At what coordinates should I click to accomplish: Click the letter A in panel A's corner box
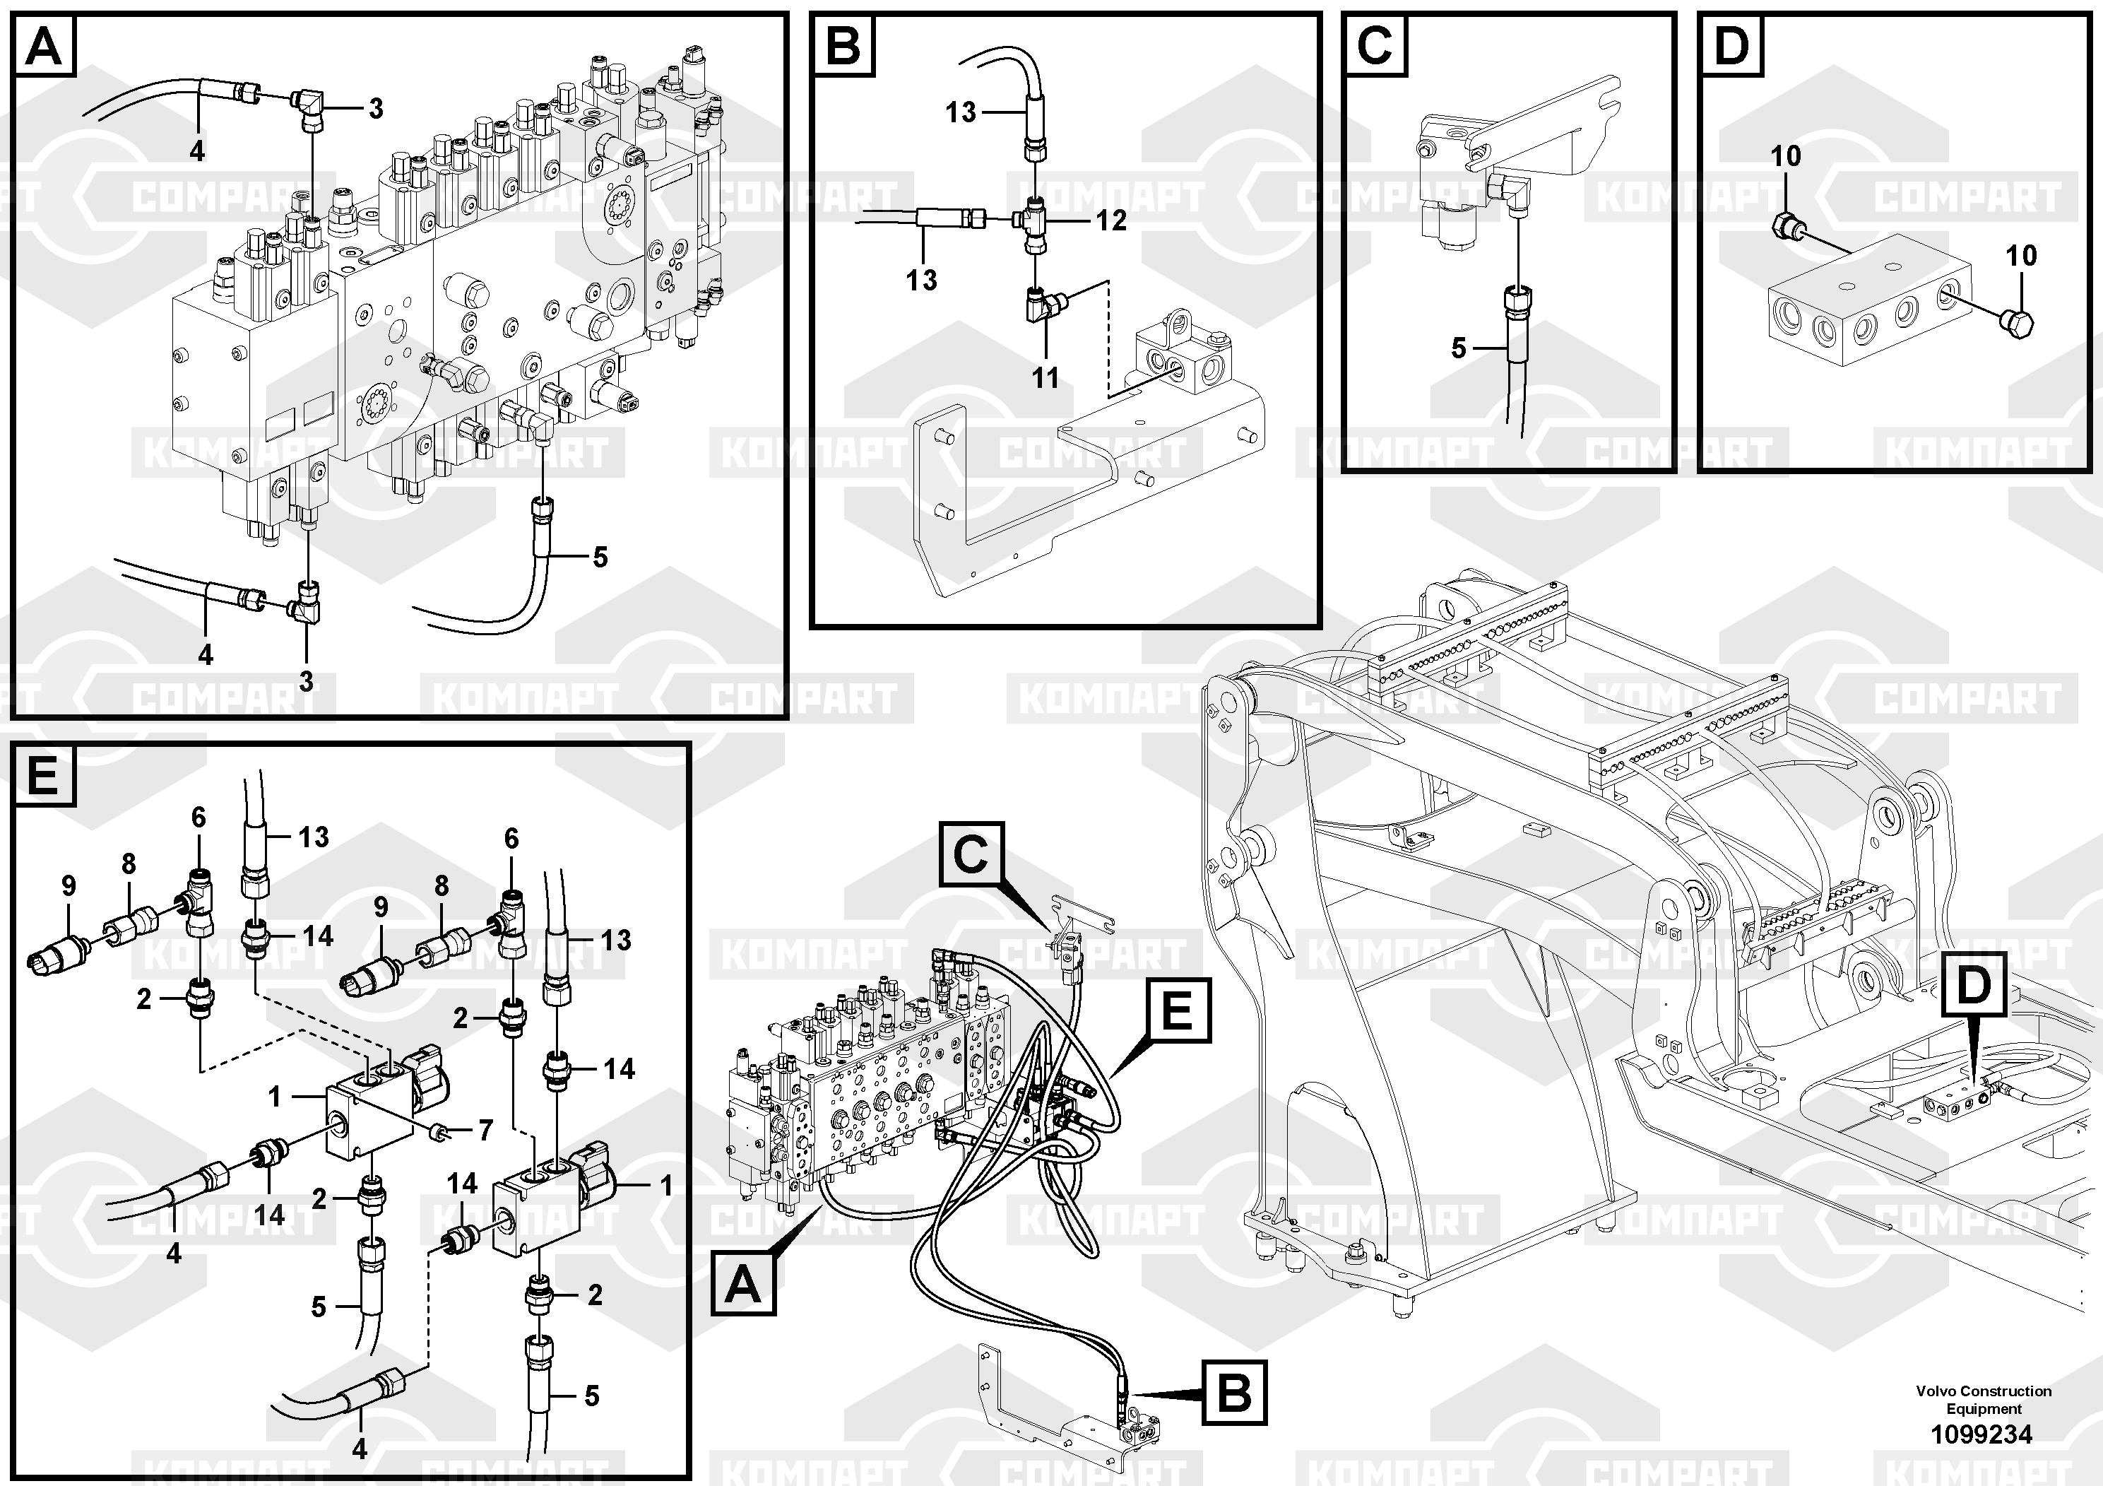click(x=44, y=46)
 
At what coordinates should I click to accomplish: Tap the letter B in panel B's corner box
click(x=843, y=46)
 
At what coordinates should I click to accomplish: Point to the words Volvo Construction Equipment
click(x=1983, y=1400)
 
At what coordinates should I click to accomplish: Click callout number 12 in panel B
click(x=1111, y=220)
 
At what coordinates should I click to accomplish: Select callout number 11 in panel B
click(x=1045, y=377)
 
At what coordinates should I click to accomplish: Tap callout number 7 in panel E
click(x=485, y=1131)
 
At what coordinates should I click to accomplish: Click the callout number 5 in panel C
click(x=1459, y=348)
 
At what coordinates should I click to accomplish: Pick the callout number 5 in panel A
click(x=600, y=556)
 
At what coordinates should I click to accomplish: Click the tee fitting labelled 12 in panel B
click(x=1033, y=220)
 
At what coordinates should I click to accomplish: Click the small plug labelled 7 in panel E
click(x=441, y=1135)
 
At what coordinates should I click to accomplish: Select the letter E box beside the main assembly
click(x=1176, y=1010)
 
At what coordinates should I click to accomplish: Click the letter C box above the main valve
click(x=970, y=854)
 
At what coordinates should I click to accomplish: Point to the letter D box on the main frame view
click(x=1974, y=985)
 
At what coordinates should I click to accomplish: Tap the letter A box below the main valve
click(x=743, y=1285)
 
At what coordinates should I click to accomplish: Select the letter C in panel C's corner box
click(x=1374, y=46)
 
